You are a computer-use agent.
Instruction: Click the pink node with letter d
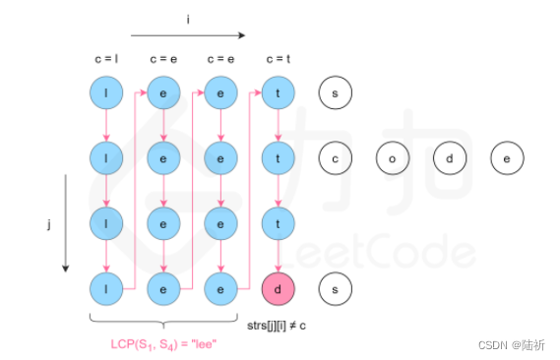279,290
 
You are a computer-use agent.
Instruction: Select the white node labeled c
336,156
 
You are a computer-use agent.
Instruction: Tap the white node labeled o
393,156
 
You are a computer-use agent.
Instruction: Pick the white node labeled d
450,156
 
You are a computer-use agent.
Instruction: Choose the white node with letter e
507,156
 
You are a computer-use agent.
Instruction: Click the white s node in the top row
336,93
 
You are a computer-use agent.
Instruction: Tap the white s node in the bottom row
336,290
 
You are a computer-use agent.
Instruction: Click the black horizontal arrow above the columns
187,35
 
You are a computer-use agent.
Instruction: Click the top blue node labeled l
105,93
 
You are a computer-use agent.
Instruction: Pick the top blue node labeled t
279,93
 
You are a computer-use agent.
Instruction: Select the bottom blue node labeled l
105,290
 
